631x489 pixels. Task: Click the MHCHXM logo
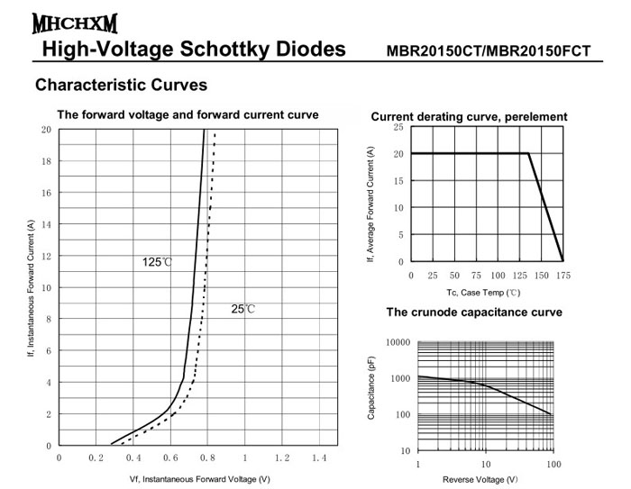61,21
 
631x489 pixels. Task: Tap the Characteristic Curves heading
121,86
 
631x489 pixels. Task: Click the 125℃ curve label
156,262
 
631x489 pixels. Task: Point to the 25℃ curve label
243,309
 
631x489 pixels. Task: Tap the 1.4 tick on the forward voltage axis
318,458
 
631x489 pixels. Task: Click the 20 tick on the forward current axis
46,130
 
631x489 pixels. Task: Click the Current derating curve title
469,117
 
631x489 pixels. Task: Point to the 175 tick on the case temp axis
563,275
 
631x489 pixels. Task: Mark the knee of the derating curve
528,153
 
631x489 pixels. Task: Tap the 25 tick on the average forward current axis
398,128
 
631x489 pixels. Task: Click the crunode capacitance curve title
474,312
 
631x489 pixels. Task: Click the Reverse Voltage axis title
486,478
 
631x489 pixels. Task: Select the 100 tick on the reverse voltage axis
553,464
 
